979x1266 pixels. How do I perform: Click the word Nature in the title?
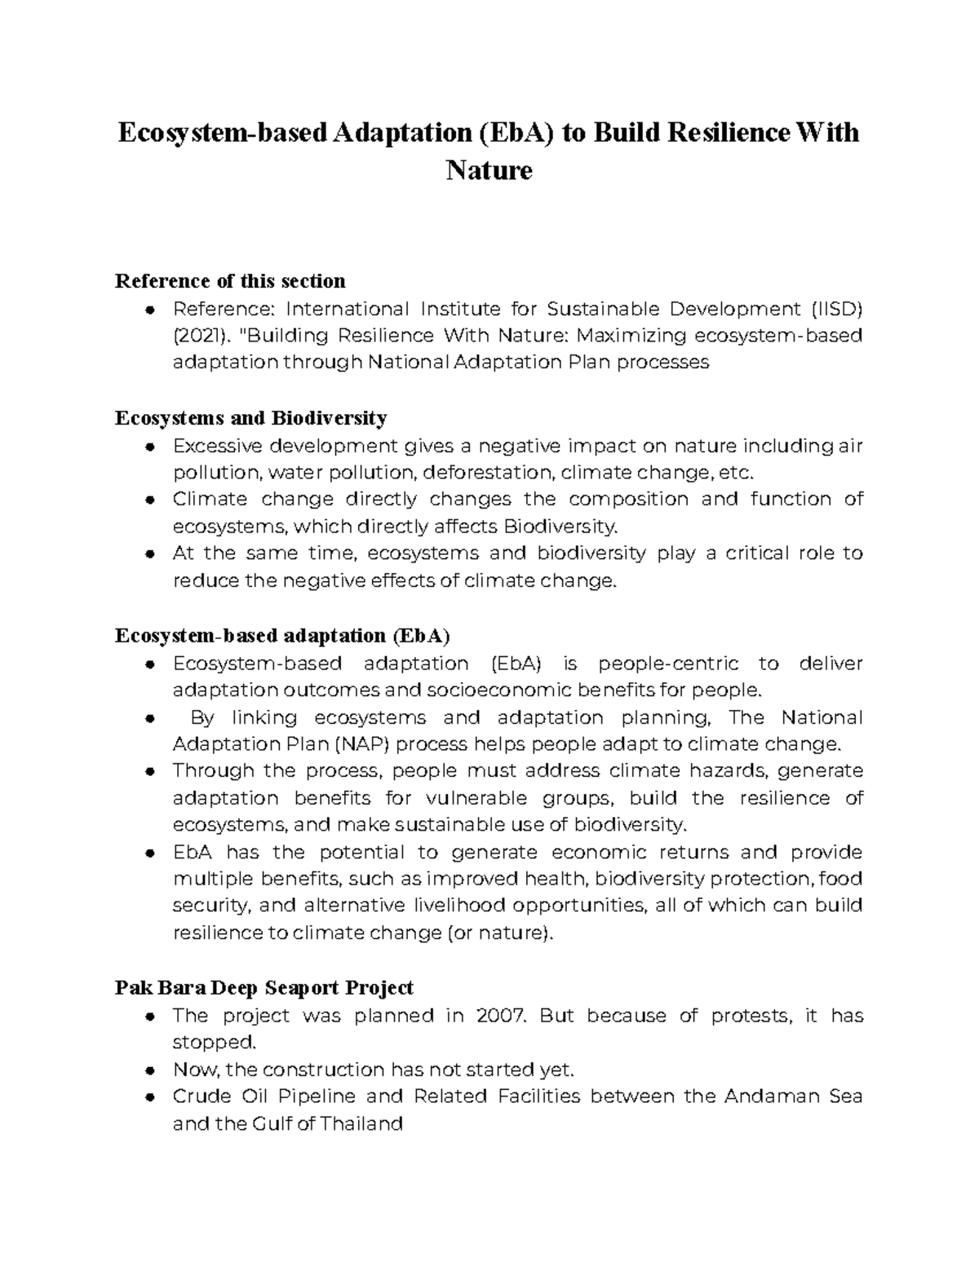[x=489, y=170]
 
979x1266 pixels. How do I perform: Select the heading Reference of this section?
[x=230, y=281]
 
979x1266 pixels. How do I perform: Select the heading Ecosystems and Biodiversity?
[x=250, y=418]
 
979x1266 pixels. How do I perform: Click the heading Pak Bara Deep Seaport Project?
[x=264, y=988]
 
